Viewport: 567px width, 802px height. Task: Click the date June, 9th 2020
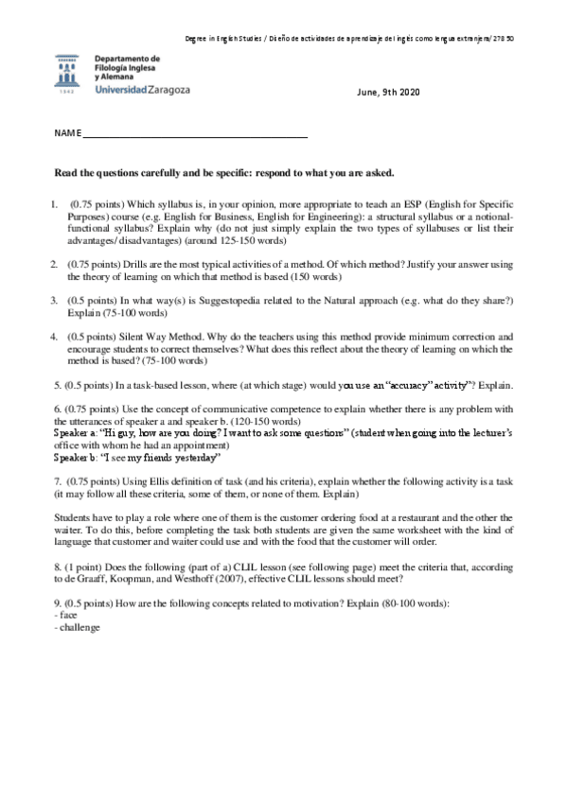pos(386,92)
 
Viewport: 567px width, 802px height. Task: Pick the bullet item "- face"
pos(67,616)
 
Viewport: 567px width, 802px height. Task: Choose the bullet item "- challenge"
pos(79,628)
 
